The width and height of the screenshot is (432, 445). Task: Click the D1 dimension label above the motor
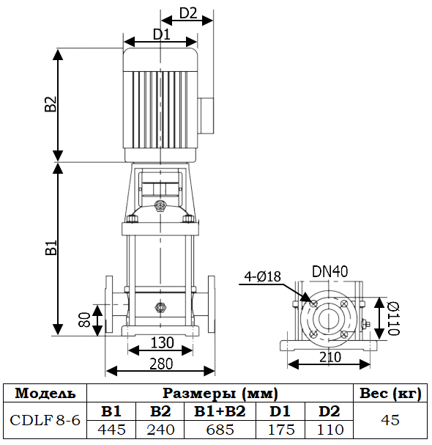point(161,34)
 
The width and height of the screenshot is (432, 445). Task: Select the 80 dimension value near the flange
point(85,320)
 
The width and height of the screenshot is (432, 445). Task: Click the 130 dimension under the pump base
point(163,342)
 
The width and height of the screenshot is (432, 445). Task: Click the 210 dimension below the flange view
point(330,356)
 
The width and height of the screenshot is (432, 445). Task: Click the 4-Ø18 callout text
point(264,276)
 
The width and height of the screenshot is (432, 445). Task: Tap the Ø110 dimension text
point(392,318)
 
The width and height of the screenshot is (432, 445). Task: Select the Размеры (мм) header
point(220,394)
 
